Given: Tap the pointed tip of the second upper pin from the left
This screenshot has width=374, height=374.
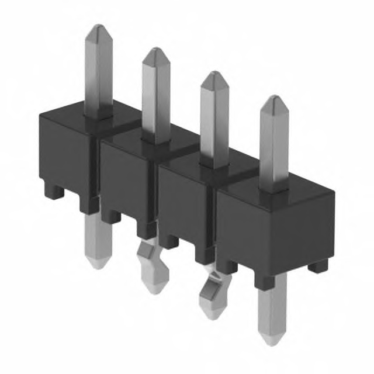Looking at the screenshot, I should click(x=155, y=51).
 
